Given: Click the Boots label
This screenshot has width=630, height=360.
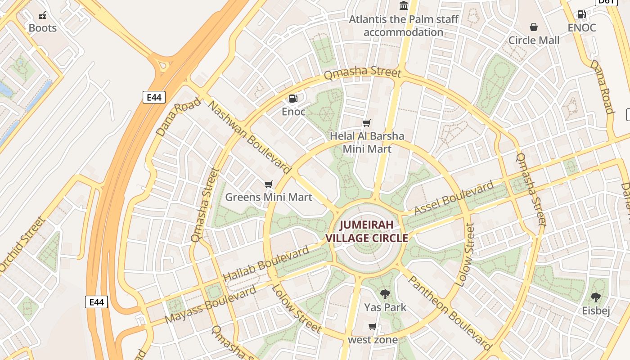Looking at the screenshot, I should click(43, 28).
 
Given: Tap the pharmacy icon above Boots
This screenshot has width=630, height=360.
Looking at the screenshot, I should click(42, 15).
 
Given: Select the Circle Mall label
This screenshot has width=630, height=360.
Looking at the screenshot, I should click(534, 40).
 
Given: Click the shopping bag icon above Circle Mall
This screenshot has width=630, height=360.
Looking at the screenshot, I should click(534, 27).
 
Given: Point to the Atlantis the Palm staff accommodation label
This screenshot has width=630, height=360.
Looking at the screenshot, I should click(404, 26).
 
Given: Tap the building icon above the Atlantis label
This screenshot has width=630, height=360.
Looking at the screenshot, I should click(404, 6).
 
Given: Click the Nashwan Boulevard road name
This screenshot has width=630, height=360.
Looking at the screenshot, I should click(249, 138).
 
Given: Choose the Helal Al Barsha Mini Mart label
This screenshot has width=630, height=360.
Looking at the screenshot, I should click(367, 142).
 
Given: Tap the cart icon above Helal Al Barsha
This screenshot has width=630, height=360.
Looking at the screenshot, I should click(367, 123).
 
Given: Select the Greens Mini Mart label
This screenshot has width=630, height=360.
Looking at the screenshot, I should click(269, 197).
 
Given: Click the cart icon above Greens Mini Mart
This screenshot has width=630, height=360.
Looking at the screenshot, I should click(269, 184).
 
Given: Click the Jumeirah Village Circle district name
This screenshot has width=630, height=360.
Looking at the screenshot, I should click(366, 231).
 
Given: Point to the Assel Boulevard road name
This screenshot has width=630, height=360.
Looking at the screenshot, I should click(454, 198).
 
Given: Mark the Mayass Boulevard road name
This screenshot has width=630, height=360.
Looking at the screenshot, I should click(210, 305).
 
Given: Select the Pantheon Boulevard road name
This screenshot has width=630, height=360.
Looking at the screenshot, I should click(450, 313).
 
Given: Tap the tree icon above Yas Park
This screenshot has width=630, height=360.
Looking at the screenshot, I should click(385, 294).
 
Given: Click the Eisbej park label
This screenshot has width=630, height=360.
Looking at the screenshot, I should click(596, 311).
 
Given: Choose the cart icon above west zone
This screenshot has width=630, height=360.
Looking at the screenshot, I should click(372, 326).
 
